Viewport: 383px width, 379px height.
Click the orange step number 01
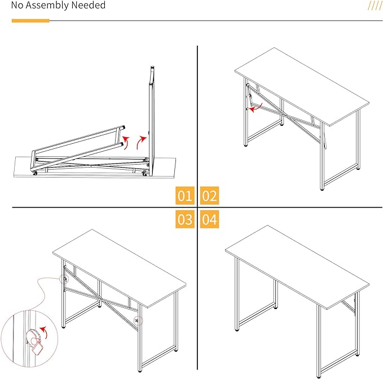[184, 196]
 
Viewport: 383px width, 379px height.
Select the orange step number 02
[209, 196]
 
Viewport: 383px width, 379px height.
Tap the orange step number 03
[184, 219]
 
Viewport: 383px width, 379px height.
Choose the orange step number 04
[209, 219]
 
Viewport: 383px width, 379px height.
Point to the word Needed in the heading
[89, 6]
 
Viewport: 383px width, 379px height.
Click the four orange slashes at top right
[375, 6]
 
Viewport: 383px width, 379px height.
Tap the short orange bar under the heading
[30, 21]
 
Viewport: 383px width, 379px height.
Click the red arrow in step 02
[256, 108]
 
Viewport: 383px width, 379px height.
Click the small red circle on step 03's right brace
[138, 320]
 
